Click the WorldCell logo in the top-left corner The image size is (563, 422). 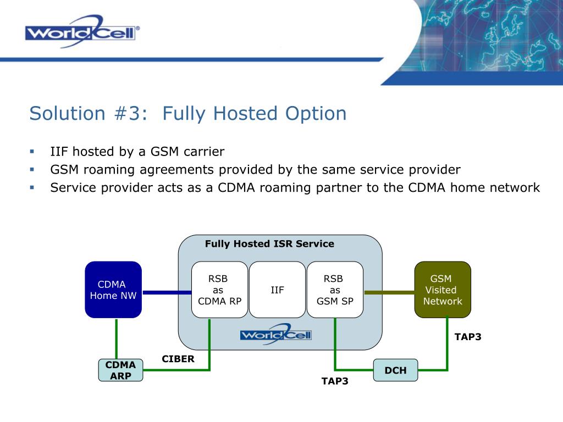[x=82, y=31]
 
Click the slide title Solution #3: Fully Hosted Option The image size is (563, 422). [x=188, y=114]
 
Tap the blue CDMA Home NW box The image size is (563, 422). [x=113, y=290]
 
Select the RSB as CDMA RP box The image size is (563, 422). [x=219, y=290]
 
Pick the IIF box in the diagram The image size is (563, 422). [x=277, y=290]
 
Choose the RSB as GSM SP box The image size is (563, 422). [x=335, y=290]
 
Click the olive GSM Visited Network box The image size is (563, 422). [x=442, y=290]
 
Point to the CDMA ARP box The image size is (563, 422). [x=120, y=370]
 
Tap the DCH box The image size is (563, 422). [x=395, y=370]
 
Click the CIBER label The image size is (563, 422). [x=178, y=359]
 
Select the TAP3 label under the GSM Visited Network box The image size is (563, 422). [x=468, y=337]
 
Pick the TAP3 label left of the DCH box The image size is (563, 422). [x=335, y=381]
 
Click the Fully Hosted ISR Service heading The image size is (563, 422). [x=269, y=244]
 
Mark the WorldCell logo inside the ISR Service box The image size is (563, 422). [x=275, y=334]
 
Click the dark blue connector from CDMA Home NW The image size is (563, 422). [x=167, y=292]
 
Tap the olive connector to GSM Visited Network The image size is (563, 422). [x=389, y=292]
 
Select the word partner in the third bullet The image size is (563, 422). [x=338, y=187]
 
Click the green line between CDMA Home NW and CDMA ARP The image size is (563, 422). [x=117, y=338]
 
